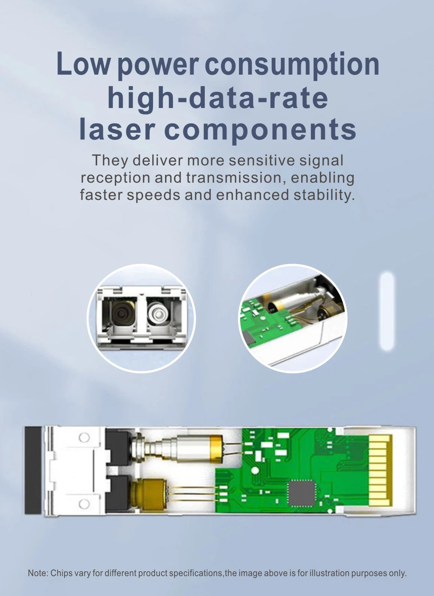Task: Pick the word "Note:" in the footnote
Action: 38,573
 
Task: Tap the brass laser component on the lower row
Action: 148,492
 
